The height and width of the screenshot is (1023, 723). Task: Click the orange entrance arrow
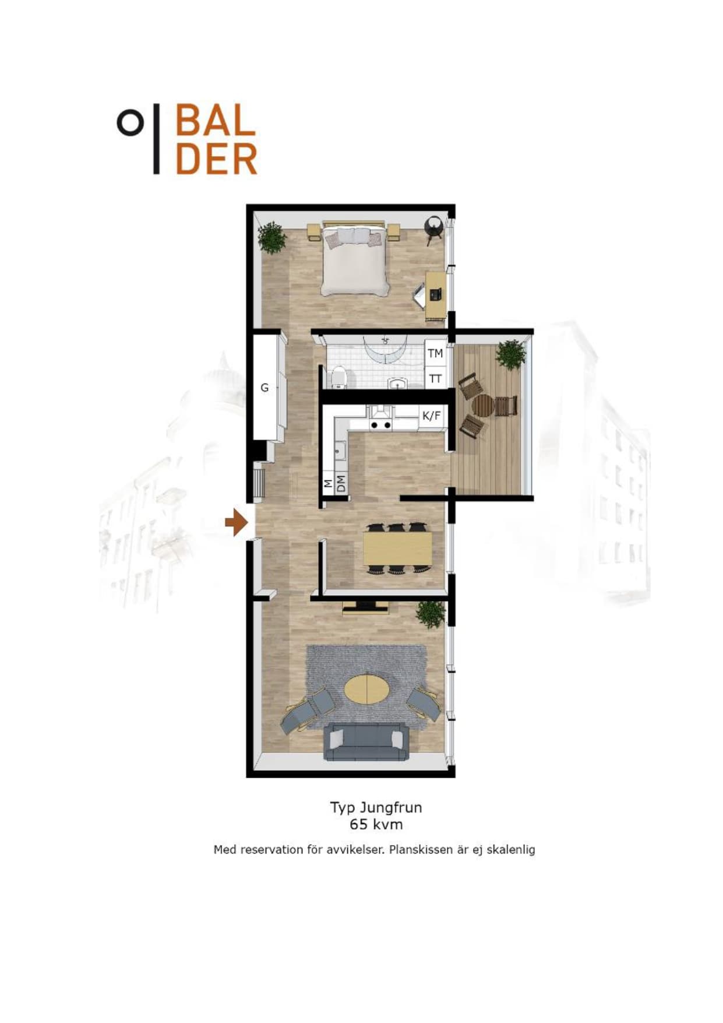pos(236,522)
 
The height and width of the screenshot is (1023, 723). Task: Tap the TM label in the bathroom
pos(435,353)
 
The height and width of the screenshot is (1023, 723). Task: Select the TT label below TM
pos(435,379)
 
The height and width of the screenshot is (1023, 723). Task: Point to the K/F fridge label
pos(432,416)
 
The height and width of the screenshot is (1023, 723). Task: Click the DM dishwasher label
pos(341,483)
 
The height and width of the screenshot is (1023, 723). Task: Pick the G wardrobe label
pos(264,388)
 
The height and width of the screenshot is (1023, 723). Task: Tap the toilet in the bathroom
pos(338,378)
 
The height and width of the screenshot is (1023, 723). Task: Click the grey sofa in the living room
pos(366,741)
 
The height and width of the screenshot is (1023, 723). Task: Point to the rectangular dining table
pos(398,549)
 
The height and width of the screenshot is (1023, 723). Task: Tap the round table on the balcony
pos(483,406)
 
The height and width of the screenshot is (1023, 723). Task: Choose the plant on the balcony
pos(511,354)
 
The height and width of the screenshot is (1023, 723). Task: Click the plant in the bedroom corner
pos(271,238)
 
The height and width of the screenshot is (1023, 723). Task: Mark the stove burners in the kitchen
pos(381,425)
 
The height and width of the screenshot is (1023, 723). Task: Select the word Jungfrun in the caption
pos(391,808)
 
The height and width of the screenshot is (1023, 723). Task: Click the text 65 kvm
pos(376,824)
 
